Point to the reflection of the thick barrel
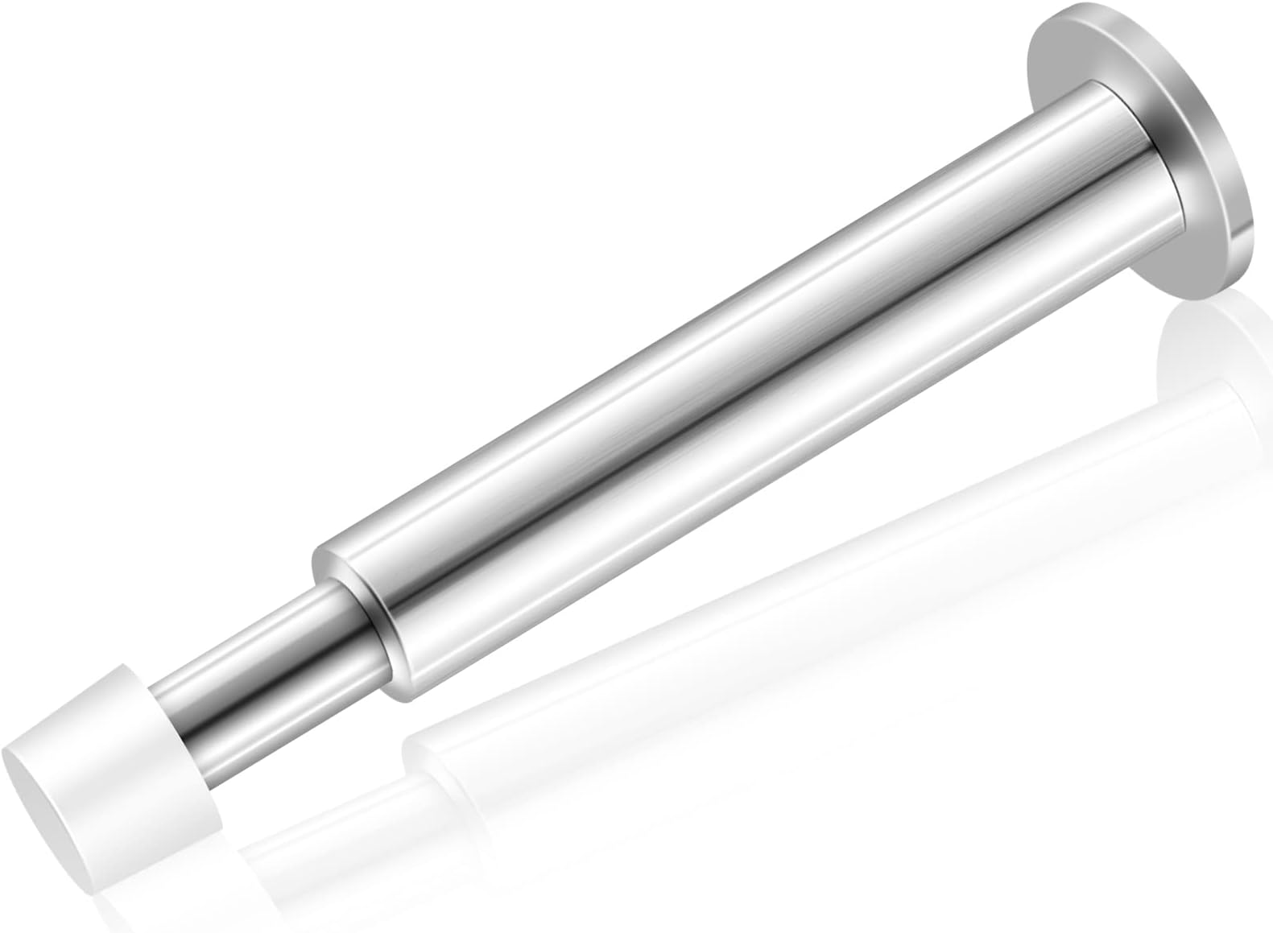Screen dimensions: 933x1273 [805, 580]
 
